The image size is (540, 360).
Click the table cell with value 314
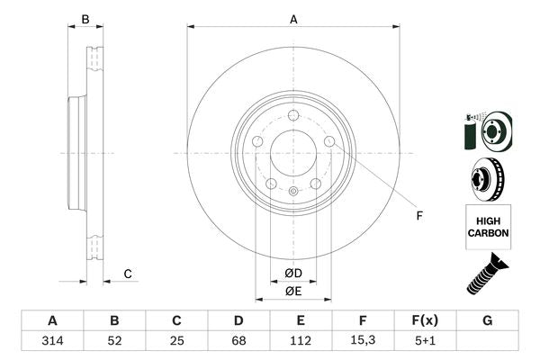tap(52, 341)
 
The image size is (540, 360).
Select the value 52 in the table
tap(114, 341)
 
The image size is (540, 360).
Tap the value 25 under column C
tap(176, 341)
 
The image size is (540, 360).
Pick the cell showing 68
tap(238, 341)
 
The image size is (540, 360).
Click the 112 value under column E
tap(301, 341)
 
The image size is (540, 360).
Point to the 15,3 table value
tap(363, 341)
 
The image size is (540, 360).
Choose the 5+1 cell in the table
tap(425, 341)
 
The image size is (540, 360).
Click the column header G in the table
tap(487, 320)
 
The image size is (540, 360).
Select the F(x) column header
tap(425, 320)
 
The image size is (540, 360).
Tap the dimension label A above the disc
tap(293, 19)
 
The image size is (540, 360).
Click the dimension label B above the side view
tap(85, 19)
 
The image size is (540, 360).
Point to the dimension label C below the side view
tap(128, 274)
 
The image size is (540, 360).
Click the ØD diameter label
tap(293, 274)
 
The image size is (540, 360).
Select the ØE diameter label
tap(293, 291)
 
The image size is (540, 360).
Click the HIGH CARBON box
tap(488, 226)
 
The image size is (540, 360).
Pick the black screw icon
tap(487, 275)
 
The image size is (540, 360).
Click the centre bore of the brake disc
tap(293, 152)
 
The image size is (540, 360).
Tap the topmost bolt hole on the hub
tap(293, 114)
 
